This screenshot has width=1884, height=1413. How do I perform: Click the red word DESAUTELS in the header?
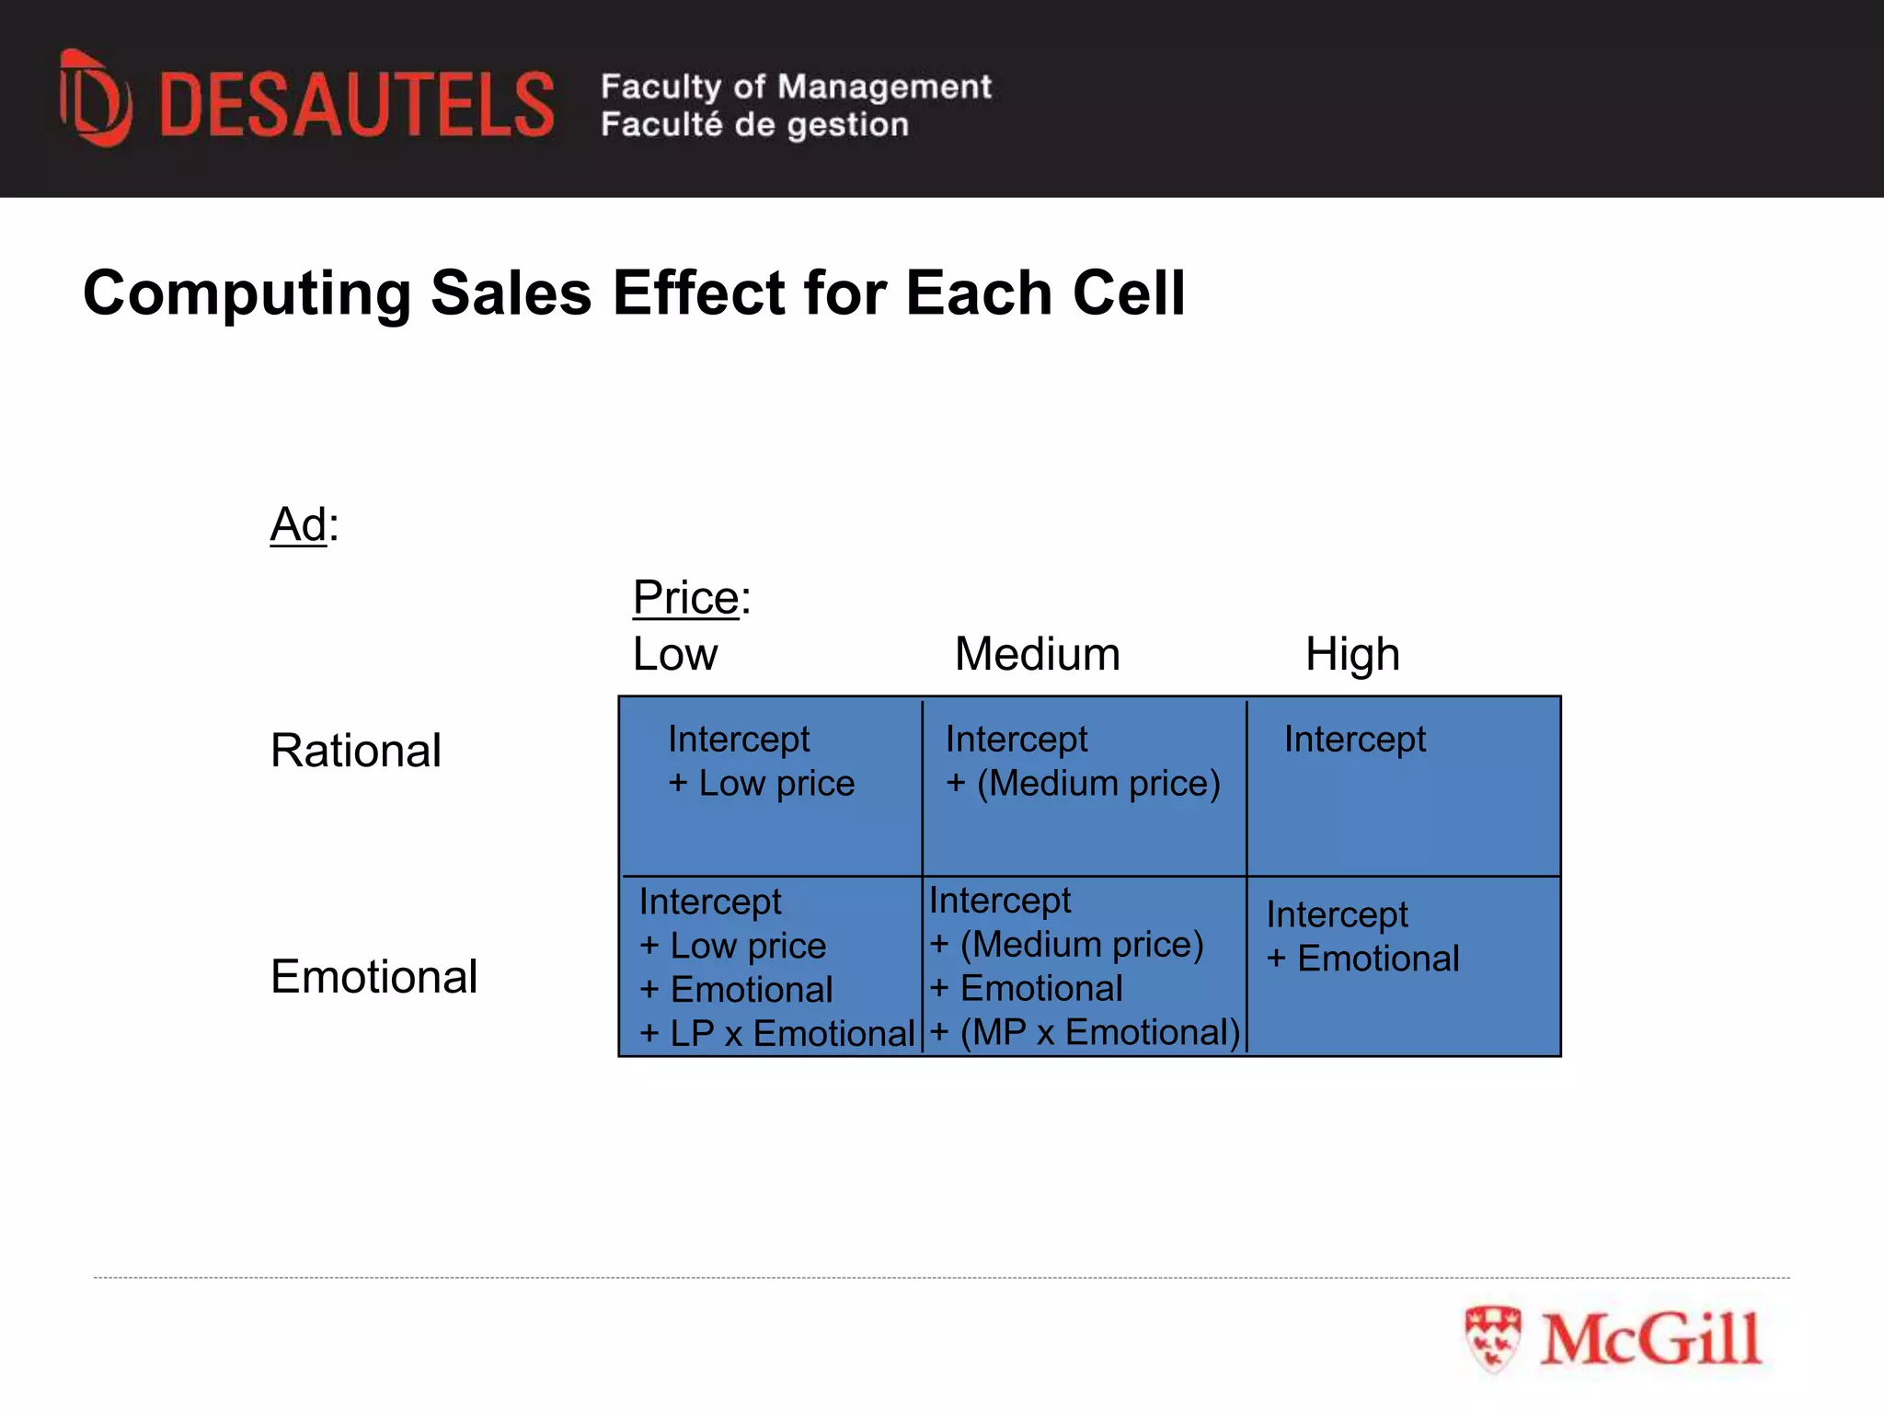coord(357,105)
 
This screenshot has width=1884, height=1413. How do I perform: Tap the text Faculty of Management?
coord(796,86)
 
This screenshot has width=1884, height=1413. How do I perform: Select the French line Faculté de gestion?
coord(754,124)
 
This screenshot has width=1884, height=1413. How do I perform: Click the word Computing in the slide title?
coord(247,293)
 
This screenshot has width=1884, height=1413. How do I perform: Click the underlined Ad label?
coord(298,525)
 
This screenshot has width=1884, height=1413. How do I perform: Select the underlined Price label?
coord(686,598)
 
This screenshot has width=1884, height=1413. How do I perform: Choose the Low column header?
coord(674,654)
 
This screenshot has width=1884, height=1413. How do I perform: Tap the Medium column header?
coord(1037,654)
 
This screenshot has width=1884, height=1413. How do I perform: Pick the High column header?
coord(1352,654)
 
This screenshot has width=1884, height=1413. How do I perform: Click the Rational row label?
coord(355,751)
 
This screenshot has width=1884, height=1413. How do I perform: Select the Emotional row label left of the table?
coord(373,976)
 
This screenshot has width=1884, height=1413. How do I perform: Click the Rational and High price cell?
coord(1403,787)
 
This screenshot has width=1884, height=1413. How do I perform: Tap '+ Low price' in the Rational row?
coord(762,783)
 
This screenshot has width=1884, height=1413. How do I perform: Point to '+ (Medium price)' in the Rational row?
coord(1083,783)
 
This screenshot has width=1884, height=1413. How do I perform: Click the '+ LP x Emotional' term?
coord(777,1033)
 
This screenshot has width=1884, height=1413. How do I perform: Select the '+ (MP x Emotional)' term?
coord(1085,1032)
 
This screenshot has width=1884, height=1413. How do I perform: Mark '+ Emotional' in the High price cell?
coord(1362,959)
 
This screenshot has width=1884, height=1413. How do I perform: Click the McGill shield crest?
coord(1492,1338)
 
